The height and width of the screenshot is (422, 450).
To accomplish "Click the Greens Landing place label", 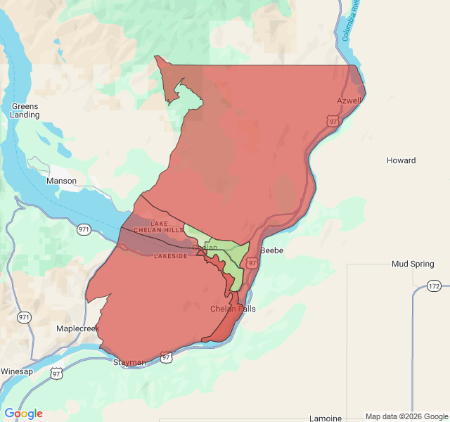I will (x=25, y=110).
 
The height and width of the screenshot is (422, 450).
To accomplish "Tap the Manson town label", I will (x=61, y=181).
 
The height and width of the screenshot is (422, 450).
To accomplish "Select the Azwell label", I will (x=349, y=101).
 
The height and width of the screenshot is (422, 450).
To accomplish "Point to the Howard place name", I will (x=401, y=160).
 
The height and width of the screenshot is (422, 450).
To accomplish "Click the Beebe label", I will (x=272, y=250).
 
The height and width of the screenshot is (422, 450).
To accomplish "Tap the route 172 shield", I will (x=433, y=287).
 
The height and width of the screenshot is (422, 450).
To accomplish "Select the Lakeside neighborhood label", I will (x=171, y=256).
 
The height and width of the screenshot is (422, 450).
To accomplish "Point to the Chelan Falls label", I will (x=233, y=309).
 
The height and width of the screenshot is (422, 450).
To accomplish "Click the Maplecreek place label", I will (x=78, y=328).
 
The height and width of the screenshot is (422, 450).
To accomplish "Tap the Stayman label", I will (x=130, y=362).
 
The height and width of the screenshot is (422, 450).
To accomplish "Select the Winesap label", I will (x=17, y=371).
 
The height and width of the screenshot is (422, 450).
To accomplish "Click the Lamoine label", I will (x=326, y=418).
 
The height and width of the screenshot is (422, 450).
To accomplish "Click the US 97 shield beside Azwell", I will (x=333, y=121).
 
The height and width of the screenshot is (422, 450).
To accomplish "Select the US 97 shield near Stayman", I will (x=166, y=357).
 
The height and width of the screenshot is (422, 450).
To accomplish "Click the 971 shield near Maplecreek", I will (x=25, y=317).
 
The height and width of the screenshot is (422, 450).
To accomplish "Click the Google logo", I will (x=23, y=414).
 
